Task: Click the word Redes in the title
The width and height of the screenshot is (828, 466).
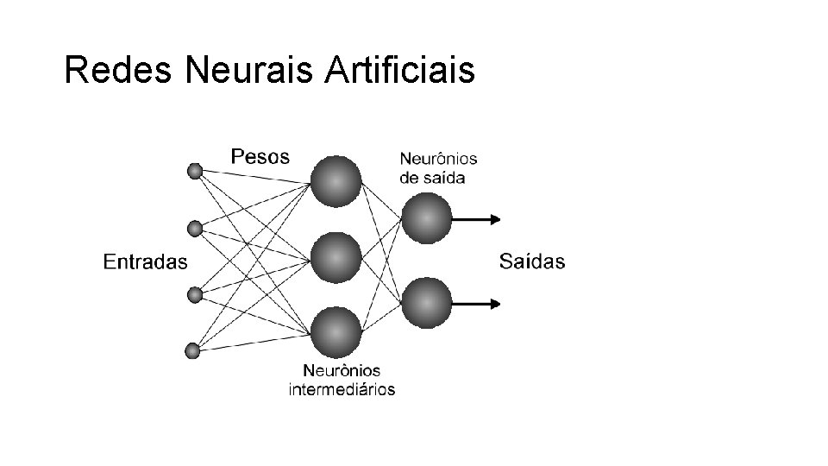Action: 120,71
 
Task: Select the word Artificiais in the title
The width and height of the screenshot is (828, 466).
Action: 401,71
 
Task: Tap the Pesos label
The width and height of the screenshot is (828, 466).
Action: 260,157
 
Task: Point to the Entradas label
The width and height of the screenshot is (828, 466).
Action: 145,261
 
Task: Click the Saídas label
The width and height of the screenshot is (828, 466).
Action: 532,261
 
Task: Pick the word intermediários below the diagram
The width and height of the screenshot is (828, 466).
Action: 342,389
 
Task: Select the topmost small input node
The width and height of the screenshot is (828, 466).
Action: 195,172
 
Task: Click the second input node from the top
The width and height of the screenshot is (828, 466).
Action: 195,229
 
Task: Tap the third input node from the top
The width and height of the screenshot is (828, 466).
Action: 195,295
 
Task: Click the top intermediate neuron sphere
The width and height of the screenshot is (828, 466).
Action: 336,181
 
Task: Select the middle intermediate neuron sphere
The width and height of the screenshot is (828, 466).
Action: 336,257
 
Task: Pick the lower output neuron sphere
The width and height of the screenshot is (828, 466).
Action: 426,303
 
